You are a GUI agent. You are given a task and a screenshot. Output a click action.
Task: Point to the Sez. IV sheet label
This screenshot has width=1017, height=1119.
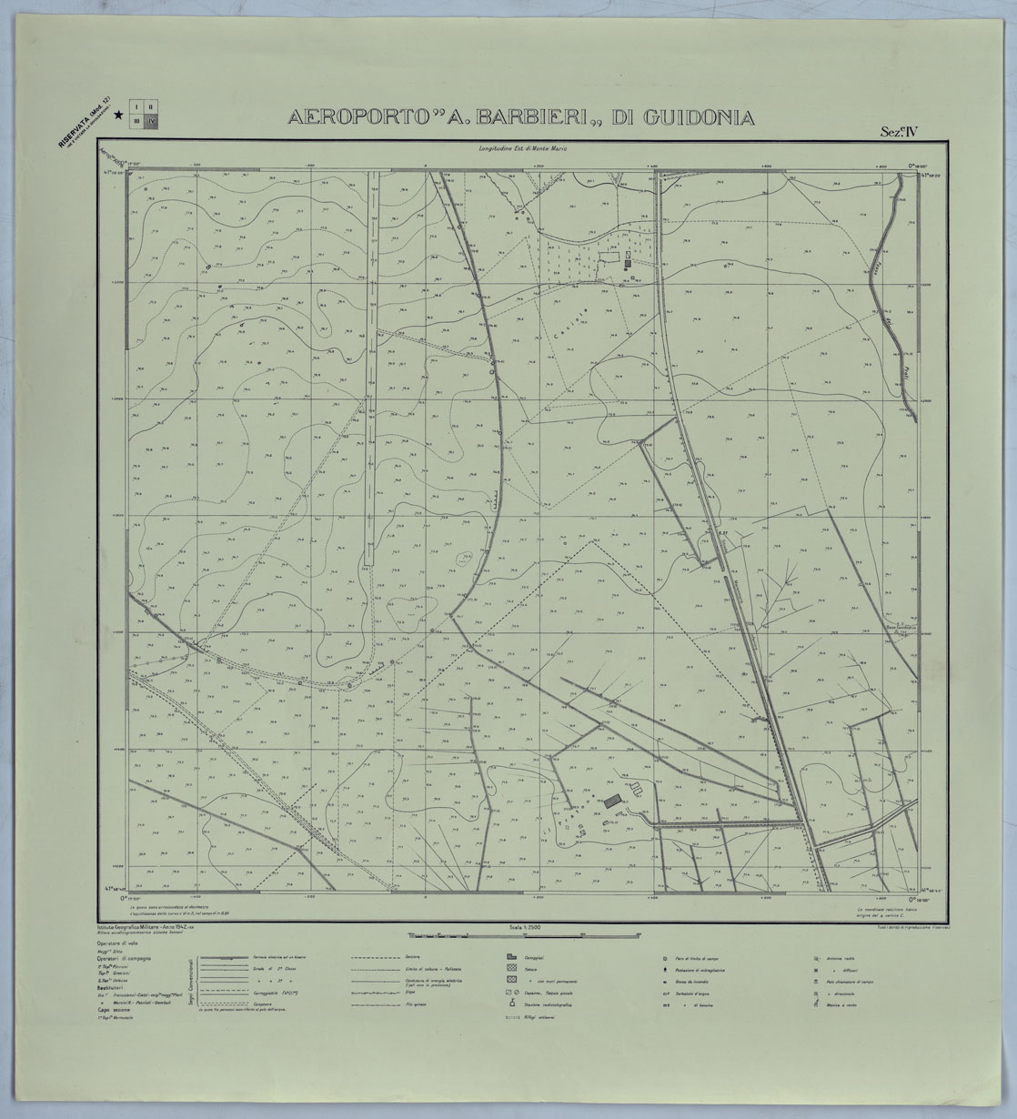[x=899, y=130]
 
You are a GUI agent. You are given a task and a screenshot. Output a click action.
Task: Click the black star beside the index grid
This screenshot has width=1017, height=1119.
[x=119, y=116]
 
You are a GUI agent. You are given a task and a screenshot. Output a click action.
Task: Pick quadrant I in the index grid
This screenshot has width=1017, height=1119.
[x=137, y=106]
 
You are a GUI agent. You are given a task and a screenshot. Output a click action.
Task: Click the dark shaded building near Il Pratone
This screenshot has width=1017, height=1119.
[x=613, y=799]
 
